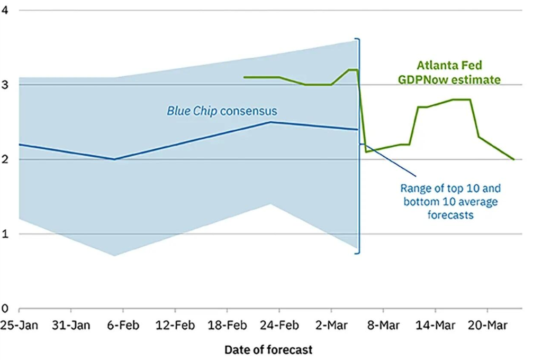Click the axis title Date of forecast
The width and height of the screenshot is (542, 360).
pos(268,350)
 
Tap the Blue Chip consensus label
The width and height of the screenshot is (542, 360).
pos(222,111)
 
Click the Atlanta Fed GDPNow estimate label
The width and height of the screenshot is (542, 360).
pos(458,74)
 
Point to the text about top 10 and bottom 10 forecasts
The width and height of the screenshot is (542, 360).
pos(450,202)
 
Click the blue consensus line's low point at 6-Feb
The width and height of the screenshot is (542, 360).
pos(114,159)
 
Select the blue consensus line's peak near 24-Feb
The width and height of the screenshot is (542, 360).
pos(270,122)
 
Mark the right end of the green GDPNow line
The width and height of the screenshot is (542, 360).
pos(513,159)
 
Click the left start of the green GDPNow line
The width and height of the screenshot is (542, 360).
pos(244,77)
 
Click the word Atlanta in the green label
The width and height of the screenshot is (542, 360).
pos(434,67)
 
